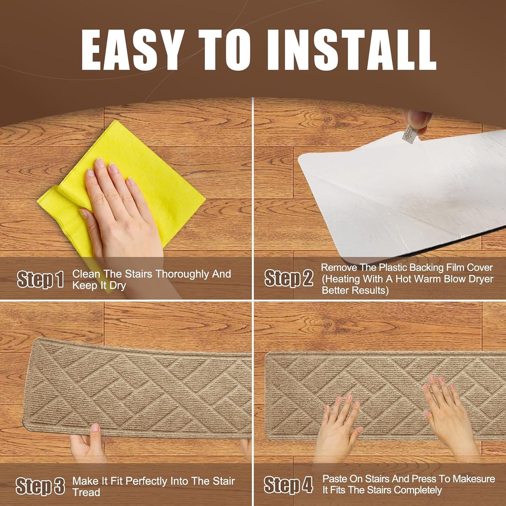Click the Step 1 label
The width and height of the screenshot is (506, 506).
tap(40, 279)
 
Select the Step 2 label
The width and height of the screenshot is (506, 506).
tap(289, 278)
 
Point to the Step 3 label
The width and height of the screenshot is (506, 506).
tap(40, 486)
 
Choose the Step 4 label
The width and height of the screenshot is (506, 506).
tap(288, 485)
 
